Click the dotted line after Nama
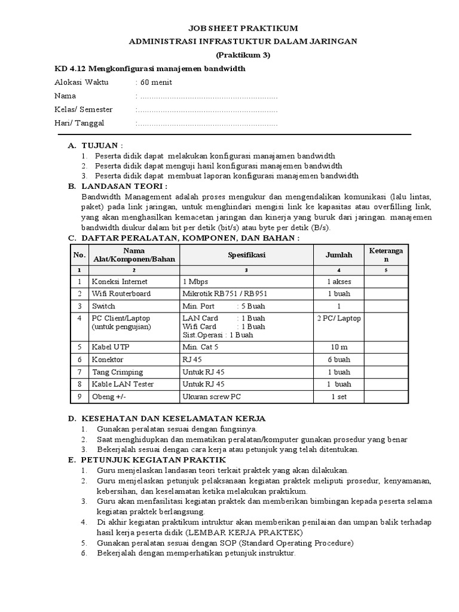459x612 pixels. pos(207,96)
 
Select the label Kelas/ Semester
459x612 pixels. pos(84,110)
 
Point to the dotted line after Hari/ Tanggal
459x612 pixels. pos(207,124)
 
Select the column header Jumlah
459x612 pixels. pos(339,255)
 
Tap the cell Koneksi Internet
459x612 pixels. pos(120,281)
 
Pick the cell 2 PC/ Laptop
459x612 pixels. pos(339,319)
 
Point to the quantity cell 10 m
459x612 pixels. pos(339,347)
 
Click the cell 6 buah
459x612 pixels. pos(339,359)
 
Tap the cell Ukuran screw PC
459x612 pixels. pos(212,397)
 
